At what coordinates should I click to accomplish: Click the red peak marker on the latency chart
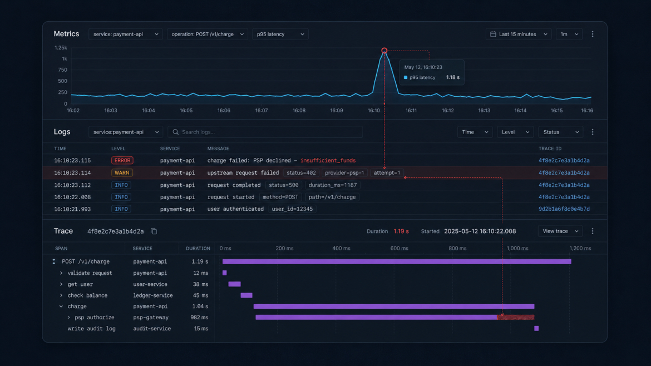pos(384,51)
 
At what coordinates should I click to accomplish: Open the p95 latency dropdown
pos(280,34)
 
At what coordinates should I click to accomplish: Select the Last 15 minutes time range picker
pos(519,34)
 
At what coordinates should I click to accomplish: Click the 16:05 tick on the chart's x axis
pos(186,110)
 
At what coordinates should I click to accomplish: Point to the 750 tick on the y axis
pos(63,70)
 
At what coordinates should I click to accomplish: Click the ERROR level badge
pos(122,160)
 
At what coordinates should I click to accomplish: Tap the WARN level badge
pos(122,172)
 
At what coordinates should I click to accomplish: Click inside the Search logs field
pos(265,132)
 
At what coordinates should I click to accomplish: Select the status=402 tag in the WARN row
pos(301,172)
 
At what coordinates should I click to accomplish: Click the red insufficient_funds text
pos(328,160)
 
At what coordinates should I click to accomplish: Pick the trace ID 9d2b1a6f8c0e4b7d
pos(564,209)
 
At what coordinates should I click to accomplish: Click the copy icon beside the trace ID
pos(154,231)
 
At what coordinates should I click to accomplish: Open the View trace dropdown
pos(560,231)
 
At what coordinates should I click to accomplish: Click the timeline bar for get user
pos(235,284)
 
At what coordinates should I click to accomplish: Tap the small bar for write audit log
pos(536,328)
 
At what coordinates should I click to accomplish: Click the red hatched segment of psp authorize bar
pos(516,318)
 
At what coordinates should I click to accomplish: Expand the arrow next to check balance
pos(61,295)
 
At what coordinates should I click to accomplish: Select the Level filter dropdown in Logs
pos(515,132)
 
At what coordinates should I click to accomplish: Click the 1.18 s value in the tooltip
pos(452,78)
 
